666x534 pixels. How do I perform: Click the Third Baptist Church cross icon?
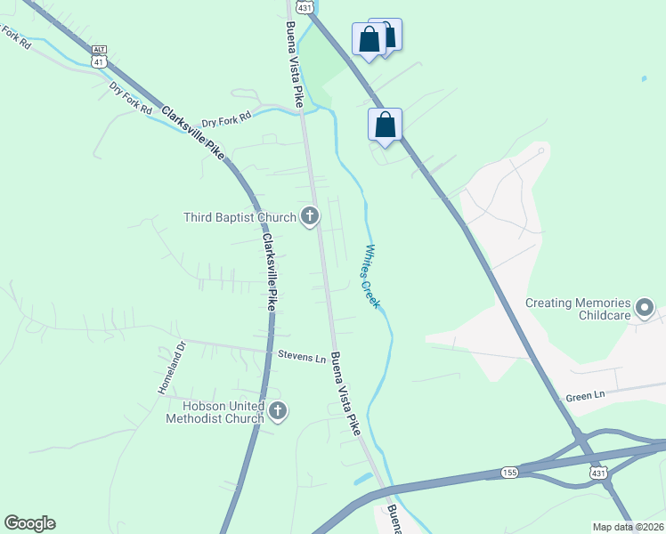310,216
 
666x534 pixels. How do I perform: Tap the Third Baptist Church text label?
239,217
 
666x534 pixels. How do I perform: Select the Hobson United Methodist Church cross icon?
278,411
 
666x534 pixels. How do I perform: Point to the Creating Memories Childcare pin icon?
646,310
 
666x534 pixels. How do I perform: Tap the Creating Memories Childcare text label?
578,309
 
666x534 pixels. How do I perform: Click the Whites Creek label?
371,277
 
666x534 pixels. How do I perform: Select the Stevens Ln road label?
301,358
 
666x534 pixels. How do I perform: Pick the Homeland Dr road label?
169,368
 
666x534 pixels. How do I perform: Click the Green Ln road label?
585,394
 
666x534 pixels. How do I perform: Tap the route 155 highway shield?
508,472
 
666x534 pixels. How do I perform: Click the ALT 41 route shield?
99,55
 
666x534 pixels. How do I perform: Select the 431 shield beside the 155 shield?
597,473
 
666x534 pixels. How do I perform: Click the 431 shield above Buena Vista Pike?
305,6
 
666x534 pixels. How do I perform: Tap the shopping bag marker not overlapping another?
385,125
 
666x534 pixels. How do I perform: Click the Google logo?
29,523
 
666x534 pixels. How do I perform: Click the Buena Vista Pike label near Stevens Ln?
346,393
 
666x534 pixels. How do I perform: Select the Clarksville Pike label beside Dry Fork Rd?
192,132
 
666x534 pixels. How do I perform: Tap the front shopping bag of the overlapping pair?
370,40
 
